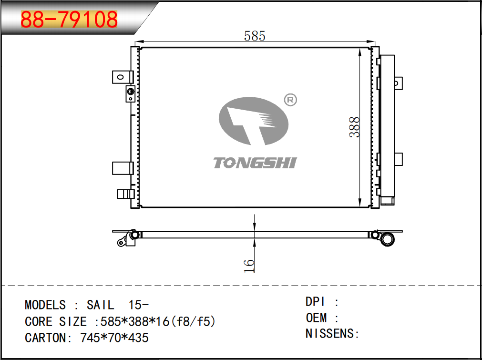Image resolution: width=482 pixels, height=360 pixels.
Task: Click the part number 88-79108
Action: pos(69,19)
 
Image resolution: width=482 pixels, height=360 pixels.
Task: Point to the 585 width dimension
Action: pos(254,36)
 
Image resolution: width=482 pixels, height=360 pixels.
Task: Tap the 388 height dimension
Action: pos(354,127)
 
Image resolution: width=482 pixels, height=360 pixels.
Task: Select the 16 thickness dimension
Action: pos(249,266)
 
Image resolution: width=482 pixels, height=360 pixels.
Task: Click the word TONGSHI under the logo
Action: pos(255,163)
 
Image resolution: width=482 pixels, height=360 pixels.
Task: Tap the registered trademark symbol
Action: pos(290,100)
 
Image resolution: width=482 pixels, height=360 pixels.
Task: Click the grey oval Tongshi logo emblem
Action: pos(254,121)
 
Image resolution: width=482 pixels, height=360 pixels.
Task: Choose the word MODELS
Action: pos(45,305)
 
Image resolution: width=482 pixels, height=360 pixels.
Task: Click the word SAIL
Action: pos(100,305)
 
